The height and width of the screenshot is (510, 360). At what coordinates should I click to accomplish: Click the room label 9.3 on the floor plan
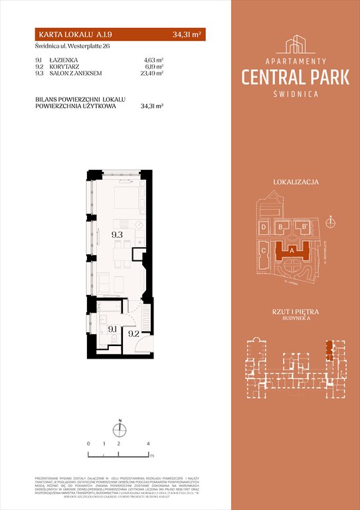click(117, 234)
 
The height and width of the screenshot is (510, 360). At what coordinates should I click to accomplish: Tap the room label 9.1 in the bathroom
click(112, 328)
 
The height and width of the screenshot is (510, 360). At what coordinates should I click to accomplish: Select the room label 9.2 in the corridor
click(134, 334)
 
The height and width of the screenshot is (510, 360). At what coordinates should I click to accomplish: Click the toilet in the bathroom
click(114, 341)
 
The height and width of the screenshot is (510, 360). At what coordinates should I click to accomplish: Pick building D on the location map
click(264, 228)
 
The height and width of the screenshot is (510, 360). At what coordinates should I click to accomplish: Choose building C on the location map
click(264, 250)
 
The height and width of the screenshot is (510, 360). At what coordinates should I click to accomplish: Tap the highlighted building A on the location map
click(292, 250)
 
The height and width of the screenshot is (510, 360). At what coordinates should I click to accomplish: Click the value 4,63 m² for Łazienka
click(153, 59)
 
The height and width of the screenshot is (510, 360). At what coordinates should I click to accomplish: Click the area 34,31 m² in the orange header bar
click(187, 35)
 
